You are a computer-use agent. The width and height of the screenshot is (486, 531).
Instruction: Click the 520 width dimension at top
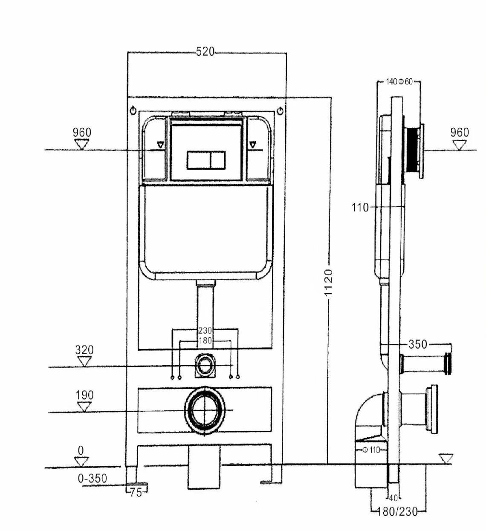point(205,52)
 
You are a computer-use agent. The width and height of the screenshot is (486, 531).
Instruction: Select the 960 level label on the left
point(82,133)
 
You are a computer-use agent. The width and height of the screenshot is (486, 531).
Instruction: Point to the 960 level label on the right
point(460,133)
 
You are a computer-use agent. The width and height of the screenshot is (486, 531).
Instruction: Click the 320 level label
point(84,350)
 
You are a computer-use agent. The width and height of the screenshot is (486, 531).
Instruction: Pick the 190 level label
point(84,395)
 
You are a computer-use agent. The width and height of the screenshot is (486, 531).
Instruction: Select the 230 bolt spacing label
point(205,330)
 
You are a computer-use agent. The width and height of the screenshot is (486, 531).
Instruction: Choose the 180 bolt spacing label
point(205,341)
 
